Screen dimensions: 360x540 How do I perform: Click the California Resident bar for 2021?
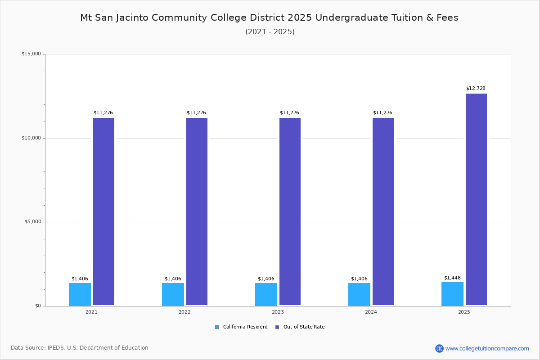[x=80, y=294]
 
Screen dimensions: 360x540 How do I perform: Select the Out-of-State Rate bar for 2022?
[x=197, y=211]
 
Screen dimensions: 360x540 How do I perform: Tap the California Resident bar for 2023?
[x=266, y=294]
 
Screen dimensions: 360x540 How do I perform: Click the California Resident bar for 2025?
[x=452, y=294]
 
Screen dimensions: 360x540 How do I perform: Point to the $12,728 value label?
[x=476, y=89]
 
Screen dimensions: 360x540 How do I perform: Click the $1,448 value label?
[x=452, y=278]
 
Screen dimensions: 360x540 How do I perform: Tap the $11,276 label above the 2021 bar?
[x=103, y=113]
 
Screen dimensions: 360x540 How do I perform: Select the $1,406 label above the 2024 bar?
[x=359, y=279]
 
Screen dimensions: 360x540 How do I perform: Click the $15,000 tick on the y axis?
[x=31, y=54]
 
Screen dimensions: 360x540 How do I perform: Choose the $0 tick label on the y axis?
[x=38, y=306]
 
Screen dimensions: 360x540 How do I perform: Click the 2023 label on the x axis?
[x=278, y=312]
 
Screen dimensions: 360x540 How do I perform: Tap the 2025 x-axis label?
[x=464, y=312]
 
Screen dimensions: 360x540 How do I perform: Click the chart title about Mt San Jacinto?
[x=269, y=18]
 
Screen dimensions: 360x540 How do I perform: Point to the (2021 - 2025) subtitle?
[x=270, y=32]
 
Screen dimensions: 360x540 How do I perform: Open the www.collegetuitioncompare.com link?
[x=487, y=349]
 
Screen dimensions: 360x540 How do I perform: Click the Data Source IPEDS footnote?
[x=80, y=348]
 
